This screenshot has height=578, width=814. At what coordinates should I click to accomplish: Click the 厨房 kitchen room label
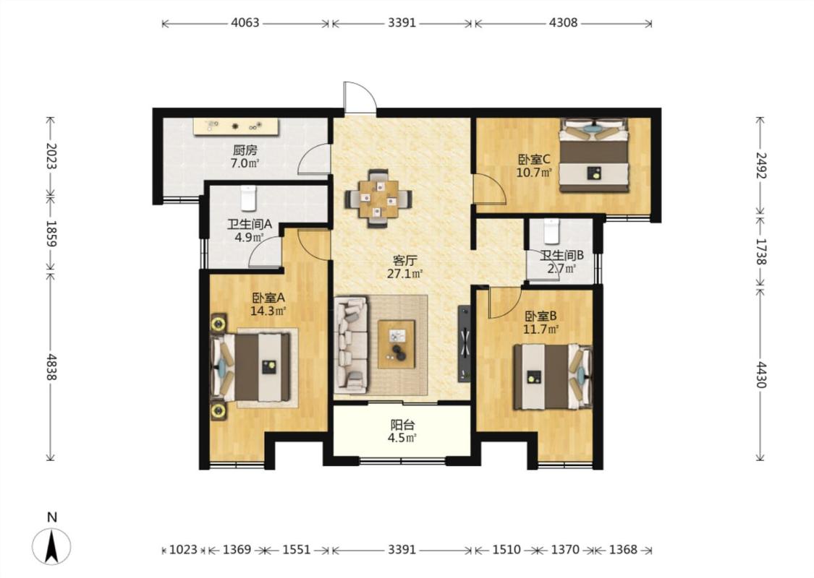pyautogui.click(x=245, y=150)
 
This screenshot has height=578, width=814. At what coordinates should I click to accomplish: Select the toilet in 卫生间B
pyautogui.click(x=551, y=231)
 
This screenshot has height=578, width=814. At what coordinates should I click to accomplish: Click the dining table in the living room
pyautogui.click(x=379, y=198)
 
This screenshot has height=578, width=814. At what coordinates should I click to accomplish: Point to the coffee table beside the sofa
pyautogui.click(x=396, y=344)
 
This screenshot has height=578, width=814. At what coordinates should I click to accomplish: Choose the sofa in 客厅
pyautogui.click(x=352, y=345)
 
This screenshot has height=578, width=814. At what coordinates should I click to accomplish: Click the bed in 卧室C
pyautogui.click(x=593, y=155)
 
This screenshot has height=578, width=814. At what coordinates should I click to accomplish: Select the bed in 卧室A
pyautogui.click(x=251, y=366)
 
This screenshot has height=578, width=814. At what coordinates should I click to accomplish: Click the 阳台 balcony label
pyautogui.click(x=403, y=425)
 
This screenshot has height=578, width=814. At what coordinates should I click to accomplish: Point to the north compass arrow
pyautogui.click(x=51, y=546)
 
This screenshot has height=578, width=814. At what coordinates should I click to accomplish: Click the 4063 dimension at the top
pyautogui.click(x=245, y=23)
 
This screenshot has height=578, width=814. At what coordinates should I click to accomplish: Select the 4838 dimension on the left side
pyautogui.click(x=51, y=366)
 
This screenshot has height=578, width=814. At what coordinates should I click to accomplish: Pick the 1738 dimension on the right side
pyautogui.click(x=760, y=251)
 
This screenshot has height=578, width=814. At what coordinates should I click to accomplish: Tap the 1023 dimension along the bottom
pyautogui.click(x=183, y=550)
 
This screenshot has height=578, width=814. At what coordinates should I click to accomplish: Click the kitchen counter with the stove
pyautogui.click(x=237, y=126)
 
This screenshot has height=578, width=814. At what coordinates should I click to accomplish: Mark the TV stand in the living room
pyautogui.click(x=465, y=344)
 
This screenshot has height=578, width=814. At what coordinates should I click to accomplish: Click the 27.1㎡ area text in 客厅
pyautogui.click(x=405, y=273)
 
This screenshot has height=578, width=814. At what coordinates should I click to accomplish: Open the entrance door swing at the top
pyautogui.click(x=359, y=97)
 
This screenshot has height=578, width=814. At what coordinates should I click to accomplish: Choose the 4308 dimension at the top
pyautogui.click(x=563, y=23)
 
